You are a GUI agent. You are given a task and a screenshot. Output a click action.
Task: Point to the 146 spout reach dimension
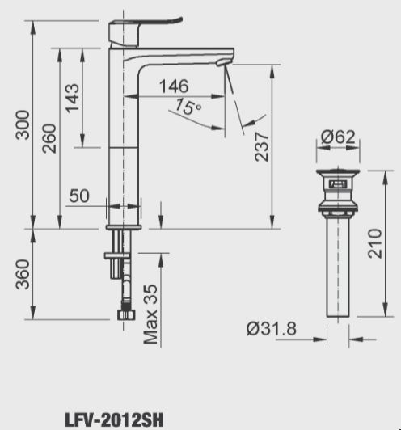tap(174, 86)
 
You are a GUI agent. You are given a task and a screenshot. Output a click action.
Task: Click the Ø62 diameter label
tap(337, 138)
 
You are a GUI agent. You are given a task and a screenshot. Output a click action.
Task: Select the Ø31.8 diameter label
tap(271, 329)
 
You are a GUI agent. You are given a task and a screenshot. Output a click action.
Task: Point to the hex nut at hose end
tap(125, 314)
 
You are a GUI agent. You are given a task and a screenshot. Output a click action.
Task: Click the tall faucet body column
tap(124, 145)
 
